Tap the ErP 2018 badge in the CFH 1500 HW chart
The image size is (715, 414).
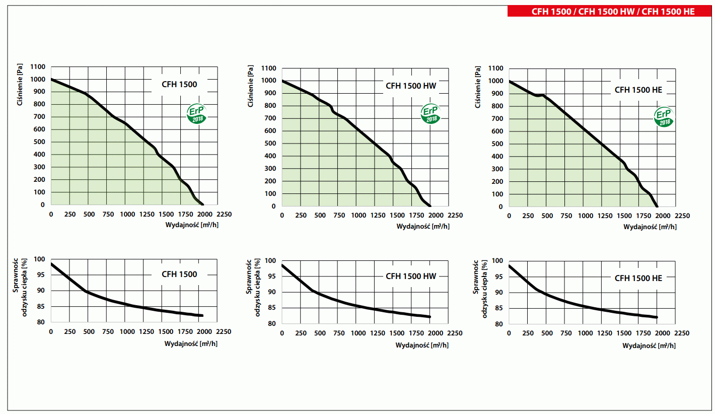pos(431,114)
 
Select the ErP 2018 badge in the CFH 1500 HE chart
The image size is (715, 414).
pos(664,117)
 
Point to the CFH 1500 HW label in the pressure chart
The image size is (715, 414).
pos(411,86)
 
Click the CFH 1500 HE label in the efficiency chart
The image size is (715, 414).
pos(638,278)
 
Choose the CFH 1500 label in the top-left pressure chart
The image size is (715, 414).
pos(179,85)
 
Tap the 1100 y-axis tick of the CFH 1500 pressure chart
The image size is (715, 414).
pos(38,67)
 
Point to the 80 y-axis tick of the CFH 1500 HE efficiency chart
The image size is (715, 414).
pos(499,324)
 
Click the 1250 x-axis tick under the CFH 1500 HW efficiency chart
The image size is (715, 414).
pos(378,333)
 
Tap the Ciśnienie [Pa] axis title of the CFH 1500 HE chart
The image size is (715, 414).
pos(479,86)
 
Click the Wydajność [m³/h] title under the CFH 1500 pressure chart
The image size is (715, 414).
pos(192,225)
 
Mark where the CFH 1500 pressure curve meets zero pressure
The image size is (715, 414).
pos(202,204)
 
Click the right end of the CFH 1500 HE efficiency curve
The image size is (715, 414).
pos(657,317)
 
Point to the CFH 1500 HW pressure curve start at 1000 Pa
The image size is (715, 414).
pos(282,81)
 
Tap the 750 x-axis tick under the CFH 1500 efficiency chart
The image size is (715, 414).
pos(108,332)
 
